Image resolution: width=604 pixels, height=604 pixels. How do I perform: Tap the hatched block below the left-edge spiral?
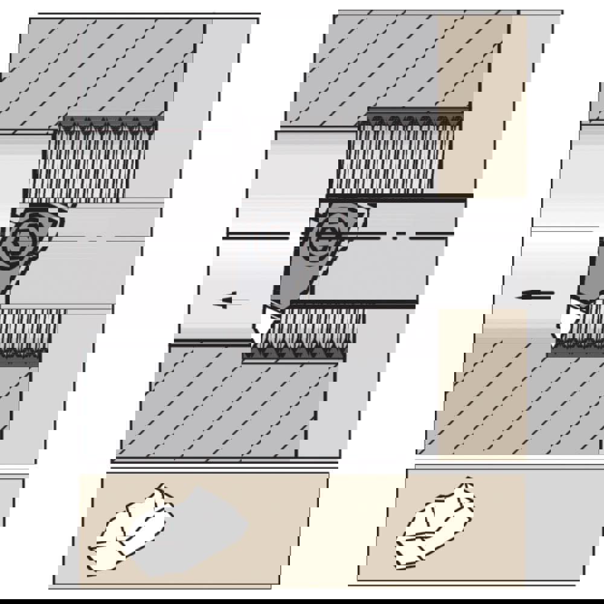coord(27,329)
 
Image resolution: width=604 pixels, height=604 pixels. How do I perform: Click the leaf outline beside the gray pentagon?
coord(130,528)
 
